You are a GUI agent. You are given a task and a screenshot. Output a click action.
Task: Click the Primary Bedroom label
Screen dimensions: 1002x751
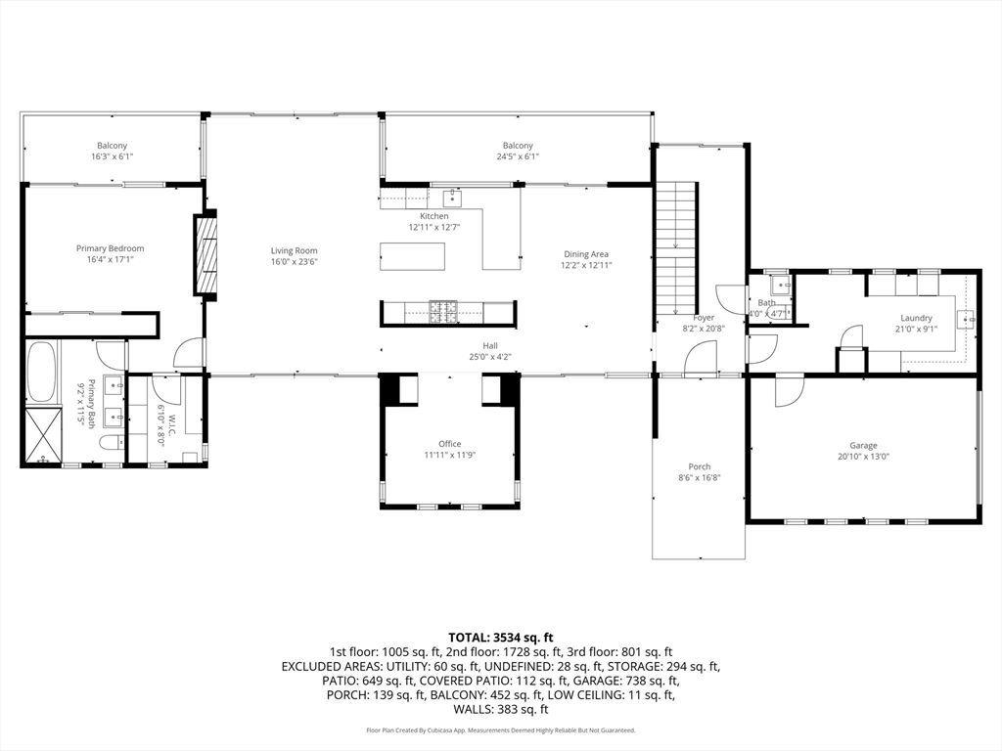(x=110, y=248)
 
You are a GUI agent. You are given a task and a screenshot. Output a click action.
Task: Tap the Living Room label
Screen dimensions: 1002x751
(x=294, y=251)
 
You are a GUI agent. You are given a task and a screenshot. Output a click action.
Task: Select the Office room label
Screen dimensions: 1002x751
(x=450, y=444)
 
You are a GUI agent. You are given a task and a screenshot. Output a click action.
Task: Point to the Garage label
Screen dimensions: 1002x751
(x=863, y=445)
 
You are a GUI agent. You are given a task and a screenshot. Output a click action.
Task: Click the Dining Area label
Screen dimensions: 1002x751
(x=586, y=254)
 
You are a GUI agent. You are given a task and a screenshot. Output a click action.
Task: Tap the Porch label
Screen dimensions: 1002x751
(x=699, y=466)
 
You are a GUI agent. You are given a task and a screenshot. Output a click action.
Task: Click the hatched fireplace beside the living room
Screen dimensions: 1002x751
(x=205, y=255)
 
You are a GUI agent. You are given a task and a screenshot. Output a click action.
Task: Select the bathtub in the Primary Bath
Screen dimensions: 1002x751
(x=43, y=373)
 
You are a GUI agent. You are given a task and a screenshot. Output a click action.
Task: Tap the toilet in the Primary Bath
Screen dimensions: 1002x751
(x=111, y=442)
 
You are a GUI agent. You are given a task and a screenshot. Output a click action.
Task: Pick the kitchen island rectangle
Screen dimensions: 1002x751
(x=413, y=256)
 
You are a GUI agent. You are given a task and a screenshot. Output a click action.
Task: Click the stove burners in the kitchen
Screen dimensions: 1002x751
(x=443, y=312)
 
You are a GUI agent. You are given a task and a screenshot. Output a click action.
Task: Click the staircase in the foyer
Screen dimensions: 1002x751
(x=676, y=247)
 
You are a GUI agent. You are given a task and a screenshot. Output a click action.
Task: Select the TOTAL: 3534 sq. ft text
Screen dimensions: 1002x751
(x=500, y=637)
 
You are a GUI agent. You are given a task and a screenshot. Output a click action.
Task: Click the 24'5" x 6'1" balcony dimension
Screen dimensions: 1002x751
(x=518, y=156)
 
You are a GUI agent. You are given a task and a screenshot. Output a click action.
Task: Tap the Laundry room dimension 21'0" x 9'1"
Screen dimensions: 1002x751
(x=916, y=329)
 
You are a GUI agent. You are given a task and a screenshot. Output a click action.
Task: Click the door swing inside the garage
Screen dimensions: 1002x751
(x=788, y=391)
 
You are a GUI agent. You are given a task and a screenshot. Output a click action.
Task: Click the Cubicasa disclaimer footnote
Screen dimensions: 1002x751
(x=501, y=729)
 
